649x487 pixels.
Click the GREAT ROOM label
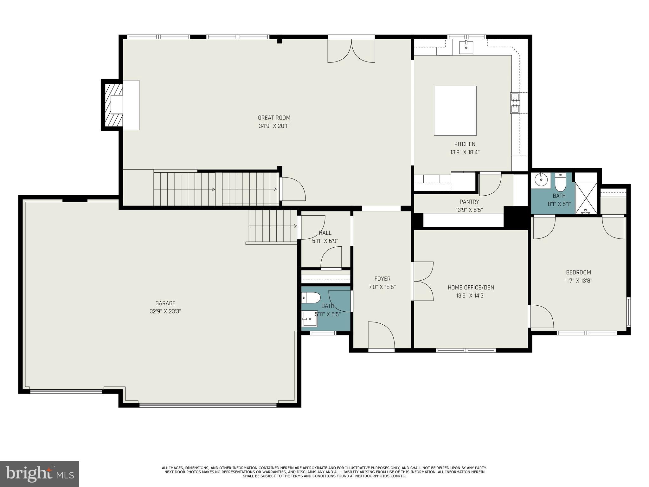point(274,118)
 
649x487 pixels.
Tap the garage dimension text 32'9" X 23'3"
point(165,311)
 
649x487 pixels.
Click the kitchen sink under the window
point(466,47)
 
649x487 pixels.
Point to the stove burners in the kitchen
point(515,103)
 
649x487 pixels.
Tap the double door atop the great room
point(351,51)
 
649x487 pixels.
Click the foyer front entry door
point(381,335)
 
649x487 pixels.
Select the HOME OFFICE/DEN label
point(471,288)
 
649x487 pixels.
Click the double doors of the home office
point(423,281)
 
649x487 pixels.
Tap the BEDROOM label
point(578,272)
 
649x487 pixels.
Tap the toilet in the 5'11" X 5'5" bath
point(311,298)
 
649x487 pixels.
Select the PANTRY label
point(469,202)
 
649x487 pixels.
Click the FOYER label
point(382,279)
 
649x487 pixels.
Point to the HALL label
point(325,233)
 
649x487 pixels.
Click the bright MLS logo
point(40,474)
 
